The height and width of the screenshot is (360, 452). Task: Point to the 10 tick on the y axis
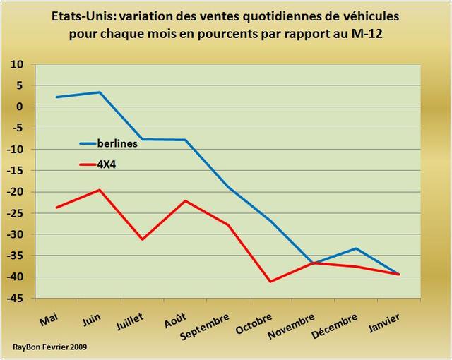(16, 64)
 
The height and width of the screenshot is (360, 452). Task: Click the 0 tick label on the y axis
(20, 107)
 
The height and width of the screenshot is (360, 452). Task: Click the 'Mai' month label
(49, 320)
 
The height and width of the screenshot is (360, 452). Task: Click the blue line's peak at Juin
(100, 92)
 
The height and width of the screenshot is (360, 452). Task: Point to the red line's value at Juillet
(142, 239)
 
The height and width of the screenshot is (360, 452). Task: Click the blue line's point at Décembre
(356, 248)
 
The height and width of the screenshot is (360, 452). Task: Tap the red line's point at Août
(185, 200)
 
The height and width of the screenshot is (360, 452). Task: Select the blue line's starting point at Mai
(56, 97)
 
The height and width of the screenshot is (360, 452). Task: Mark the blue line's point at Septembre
(227, 187)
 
